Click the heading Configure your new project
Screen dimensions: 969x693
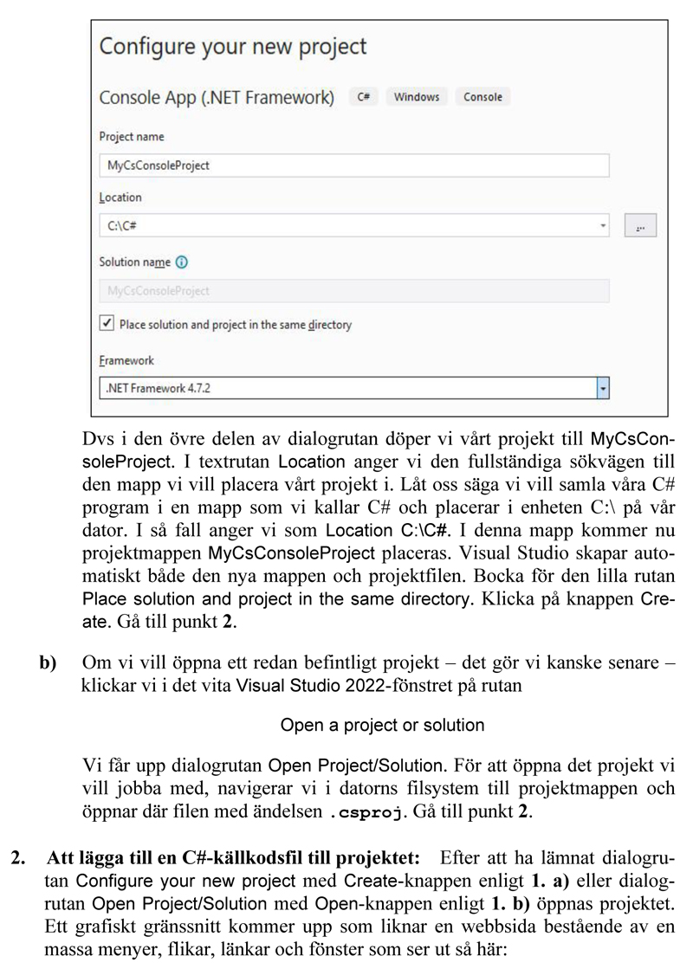(x=233, y=47)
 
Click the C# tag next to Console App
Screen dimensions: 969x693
(x=363, y=97)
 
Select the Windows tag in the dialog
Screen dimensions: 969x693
(x=417, y=97)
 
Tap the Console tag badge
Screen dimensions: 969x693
(x=483, y=97)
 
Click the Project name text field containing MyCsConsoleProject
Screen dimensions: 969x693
(x=353, y=165)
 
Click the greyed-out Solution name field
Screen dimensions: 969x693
(x=353, y=291)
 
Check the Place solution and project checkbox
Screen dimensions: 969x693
(x=107, y=324)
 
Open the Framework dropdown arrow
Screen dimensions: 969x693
(x=603, y=388)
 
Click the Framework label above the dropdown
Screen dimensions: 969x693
(x=126, y=360)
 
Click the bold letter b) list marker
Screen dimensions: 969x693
(x=48, y=663)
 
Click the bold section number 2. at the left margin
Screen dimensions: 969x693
(x=17, y=858)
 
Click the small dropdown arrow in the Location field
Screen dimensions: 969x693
(x=603, y=226)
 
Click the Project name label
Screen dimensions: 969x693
(x=132, y=137)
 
